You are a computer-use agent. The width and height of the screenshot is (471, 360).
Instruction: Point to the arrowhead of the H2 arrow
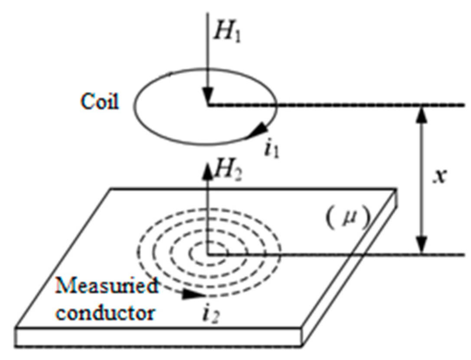click(x=208, y=170)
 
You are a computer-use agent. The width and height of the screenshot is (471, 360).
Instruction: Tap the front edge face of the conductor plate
click(x=173, y=338)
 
